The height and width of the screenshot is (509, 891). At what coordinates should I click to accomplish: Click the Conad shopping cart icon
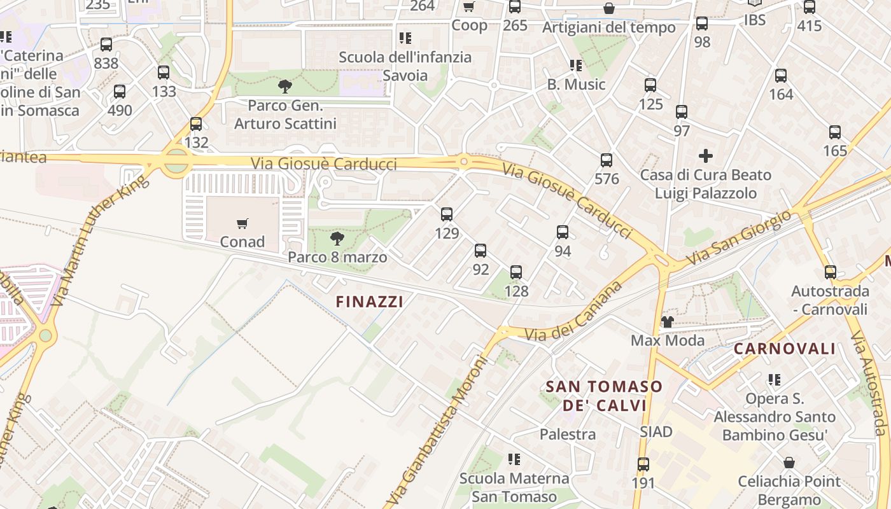click(x=242, y=223)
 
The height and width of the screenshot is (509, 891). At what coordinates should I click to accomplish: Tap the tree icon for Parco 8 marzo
click(x=337, y=239)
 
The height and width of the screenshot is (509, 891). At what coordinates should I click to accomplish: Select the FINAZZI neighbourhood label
click(x=369, y=302)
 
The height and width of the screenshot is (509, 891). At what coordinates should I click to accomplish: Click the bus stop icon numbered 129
click(x=447, y=214)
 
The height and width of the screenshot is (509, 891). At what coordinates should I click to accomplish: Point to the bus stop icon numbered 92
click(x=481, y=251)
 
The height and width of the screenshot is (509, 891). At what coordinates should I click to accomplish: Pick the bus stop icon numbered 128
click(x=516, y=272)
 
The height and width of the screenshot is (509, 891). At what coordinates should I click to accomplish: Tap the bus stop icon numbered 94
click(x=563, y=232)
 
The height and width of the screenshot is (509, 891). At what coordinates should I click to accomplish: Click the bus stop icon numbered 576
click(x=607, y=160)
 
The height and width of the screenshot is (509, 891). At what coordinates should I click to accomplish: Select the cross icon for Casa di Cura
click(x=705, y=156)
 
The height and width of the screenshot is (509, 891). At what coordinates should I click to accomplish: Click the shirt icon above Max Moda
click(x=667, y=321)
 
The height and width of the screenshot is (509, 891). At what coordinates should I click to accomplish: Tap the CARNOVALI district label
click(x=784, y=349)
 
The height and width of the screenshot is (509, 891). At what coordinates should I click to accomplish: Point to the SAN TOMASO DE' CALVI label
click(x=604, y=396)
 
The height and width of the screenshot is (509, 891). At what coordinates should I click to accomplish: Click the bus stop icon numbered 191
click(x=643, y=464)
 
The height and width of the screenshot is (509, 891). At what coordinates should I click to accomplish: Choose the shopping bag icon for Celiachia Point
click(x=789, y=463)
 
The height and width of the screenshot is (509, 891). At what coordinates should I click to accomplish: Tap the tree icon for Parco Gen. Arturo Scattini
click(x=285, y=86)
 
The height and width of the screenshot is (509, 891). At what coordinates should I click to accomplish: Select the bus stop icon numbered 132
click(x=196, y=124)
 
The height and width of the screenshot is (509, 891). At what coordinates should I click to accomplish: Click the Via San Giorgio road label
click(x=738, y=239)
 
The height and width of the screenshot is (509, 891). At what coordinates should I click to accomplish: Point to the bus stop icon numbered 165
click(x=835, y=132)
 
